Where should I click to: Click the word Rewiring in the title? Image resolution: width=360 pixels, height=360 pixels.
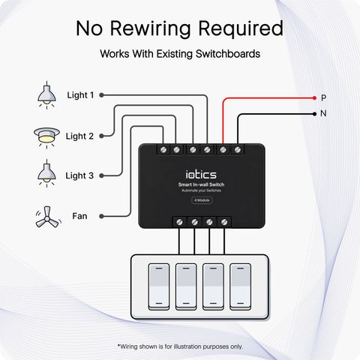pos(151,28)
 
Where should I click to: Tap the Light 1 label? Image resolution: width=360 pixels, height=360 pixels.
pos(80,95)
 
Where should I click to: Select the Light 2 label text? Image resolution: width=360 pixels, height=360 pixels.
pos(79,136)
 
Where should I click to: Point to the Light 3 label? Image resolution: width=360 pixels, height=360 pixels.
pos(79,175)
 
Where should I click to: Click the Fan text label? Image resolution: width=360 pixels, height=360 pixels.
pos(79,216)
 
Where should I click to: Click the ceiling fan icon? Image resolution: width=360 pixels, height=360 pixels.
pos(47,217)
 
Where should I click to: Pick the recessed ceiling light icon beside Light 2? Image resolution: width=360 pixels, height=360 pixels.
pos(46,137)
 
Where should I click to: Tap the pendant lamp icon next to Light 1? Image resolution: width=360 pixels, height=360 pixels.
pos(46,95)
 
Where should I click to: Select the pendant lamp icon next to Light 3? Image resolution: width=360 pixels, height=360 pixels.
pos(46,173)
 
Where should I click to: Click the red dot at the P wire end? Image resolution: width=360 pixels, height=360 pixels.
pos(314,98)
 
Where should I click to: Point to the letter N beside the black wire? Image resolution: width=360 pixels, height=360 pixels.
pos(323,113)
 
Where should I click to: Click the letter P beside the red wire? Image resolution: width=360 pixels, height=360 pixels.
pos(323,97)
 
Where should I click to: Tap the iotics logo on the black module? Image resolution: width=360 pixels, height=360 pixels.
pos(201,175)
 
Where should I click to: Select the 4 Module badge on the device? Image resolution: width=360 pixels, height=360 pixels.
pos(202,200)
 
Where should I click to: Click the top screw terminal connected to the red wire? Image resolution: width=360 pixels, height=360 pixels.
pos(223,150)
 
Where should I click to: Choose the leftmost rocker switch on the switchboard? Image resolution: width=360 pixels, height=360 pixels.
pos(159,286)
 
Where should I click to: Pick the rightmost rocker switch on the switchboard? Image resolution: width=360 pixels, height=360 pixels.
pos(240,286)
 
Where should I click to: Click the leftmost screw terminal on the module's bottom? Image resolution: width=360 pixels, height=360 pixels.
pos(179,222)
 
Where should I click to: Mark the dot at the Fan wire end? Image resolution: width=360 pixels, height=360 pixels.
pos(101,216)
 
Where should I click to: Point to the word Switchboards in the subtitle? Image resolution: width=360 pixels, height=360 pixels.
pos(228,54)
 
